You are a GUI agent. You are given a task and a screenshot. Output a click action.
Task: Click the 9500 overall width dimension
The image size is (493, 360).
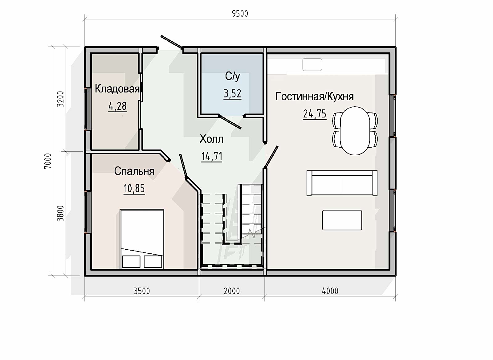(240, 14)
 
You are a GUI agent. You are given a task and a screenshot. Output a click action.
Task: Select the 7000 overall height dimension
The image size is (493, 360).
(48, 161)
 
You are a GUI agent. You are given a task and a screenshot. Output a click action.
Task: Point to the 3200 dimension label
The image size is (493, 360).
(60, 99)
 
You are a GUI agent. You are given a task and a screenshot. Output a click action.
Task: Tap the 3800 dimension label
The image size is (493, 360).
(60, 213)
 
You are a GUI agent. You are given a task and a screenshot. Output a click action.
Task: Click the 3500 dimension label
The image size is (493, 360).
(142, 291)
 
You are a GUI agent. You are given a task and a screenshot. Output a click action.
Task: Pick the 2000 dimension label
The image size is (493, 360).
(232, 291)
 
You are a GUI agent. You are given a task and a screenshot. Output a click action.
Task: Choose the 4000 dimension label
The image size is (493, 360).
(330, 291)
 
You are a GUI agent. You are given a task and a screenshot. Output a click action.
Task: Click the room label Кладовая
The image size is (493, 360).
(117, 89)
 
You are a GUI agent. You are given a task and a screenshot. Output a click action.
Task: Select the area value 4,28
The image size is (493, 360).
(117, 106)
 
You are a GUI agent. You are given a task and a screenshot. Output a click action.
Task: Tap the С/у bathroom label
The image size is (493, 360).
(232, 76)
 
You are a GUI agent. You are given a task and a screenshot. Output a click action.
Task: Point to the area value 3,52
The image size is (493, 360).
(232, 94)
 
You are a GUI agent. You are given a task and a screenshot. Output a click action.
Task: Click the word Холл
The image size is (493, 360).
(211, 139)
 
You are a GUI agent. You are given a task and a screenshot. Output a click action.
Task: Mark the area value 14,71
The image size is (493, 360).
(212, 157)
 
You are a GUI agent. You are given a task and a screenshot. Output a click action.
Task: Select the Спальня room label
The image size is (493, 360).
(134, 171)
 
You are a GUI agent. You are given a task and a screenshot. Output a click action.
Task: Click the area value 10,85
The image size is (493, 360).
(134, 189)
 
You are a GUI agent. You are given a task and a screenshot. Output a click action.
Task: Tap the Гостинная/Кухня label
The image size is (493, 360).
(315, 96)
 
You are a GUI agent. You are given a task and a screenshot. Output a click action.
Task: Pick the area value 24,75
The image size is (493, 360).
(315, 114)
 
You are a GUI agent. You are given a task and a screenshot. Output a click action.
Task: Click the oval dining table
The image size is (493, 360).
(355, 131)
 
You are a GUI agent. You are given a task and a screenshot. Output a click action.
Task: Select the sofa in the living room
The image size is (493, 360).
(342, 183)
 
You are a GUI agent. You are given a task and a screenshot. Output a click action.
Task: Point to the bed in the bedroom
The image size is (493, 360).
(142, 239)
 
